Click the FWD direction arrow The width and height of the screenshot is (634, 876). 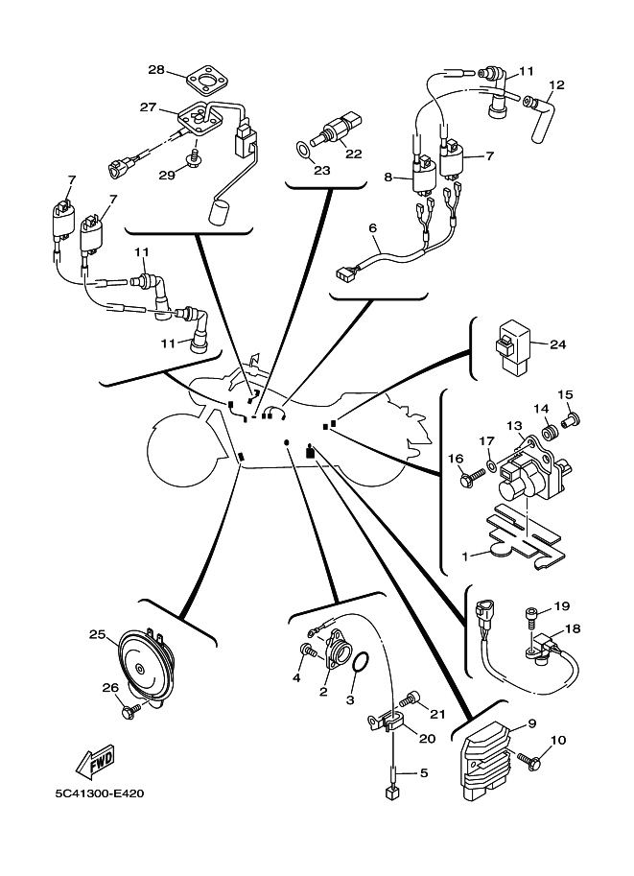tap(95, 762)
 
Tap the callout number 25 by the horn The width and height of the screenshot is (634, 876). tap(97, 634)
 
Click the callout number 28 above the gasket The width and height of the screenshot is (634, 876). tap(156, 70)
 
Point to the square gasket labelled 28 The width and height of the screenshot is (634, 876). tap(206, 81)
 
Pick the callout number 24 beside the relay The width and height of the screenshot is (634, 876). tap(558, 344)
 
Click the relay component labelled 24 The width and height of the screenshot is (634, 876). tap(512, 344)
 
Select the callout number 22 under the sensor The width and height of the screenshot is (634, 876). tap(354, 154)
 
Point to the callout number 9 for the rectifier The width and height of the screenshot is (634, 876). tap(532, 723)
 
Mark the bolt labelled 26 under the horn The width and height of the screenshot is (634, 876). tap(130, 710)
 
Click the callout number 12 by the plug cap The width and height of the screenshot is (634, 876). tap(557, 85)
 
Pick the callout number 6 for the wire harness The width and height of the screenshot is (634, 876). tap(373, 228)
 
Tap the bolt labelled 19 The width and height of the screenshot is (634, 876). tap(531, 619)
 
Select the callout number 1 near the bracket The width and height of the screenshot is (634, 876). tap(464, 556)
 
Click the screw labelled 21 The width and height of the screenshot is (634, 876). tap(410, 698)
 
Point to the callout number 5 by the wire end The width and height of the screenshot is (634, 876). tap(423, 773)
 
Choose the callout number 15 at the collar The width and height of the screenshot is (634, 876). tap(565, 395)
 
